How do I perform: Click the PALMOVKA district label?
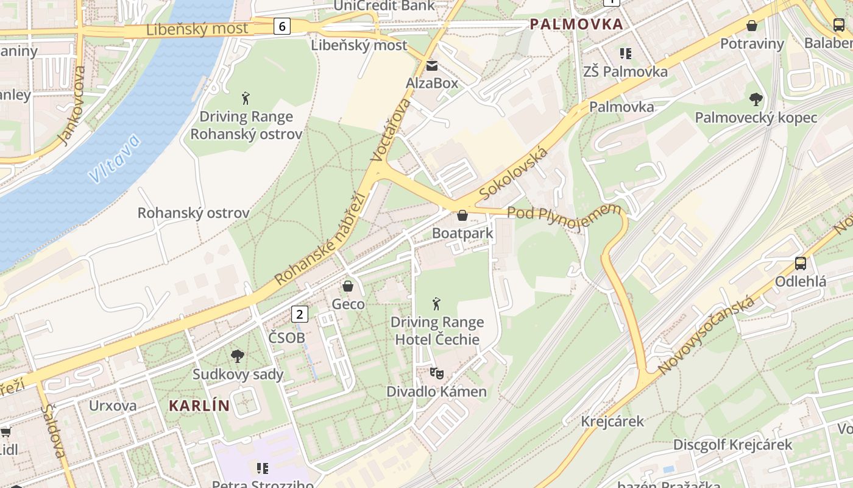pyautogui.click(x=576, y=24)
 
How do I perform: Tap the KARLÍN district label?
pyautogui.click(x=199, y=406)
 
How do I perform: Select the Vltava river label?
pyautogui.click(x=114, y=159)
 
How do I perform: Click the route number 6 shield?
pyautogui.click(x=281, y=26)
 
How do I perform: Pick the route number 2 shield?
pyautogui.click(x=299, y=314)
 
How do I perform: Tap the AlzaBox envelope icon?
pyautogui.click(x=432, y=66)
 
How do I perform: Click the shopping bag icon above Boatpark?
pyautogui.click(x=462, y=215)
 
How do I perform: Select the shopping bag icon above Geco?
pyautogui.click(x=348, y=286)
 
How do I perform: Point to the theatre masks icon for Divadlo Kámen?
pyautogui.click(x=436, y=372)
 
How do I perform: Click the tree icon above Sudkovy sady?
pyautogui.click(x=238, y=356)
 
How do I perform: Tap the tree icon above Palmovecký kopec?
pyautogui.click(x=756, y=99)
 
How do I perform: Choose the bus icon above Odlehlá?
pyautogui.click(x=801, y=264)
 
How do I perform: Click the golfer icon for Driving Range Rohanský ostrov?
pyautogui.click(x=246, y=98)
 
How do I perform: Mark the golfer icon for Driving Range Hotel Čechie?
pyautogui.click(x=436, y=303)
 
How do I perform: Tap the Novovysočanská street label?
pyautogui.click(x=707, y=335)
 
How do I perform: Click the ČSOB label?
pyautogui.click(x=286, y=337)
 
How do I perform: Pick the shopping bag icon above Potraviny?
pyautogui.click(x=752, y=26)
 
